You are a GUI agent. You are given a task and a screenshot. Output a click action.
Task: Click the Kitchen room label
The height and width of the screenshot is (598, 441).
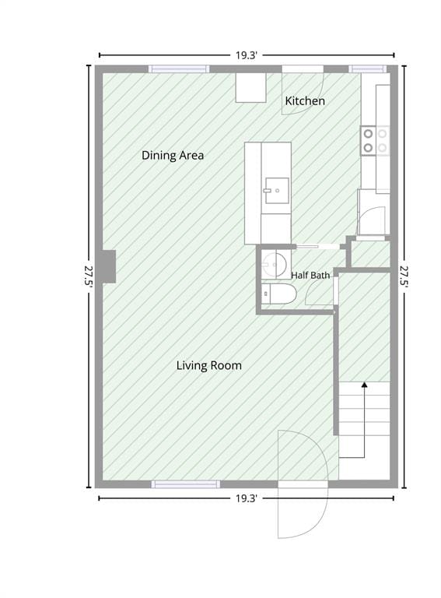(305, 101)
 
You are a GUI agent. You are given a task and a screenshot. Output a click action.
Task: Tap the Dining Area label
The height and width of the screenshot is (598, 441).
(173, 155)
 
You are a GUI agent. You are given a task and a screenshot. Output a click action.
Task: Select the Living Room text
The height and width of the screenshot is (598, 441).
(208, 365)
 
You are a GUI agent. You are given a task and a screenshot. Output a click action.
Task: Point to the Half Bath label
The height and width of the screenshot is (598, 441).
(310, 275)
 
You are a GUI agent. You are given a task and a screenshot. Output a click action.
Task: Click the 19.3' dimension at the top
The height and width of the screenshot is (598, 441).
(247, 55)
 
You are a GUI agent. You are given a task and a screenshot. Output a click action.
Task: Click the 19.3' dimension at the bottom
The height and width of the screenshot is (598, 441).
(247, 498)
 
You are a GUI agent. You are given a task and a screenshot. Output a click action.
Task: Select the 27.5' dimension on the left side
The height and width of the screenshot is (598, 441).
(89, 277)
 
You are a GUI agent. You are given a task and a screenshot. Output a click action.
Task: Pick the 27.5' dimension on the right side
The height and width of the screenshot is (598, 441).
(404, 277)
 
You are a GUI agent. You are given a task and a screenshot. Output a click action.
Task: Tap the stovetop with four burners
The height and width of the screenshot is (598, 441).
(375, 141)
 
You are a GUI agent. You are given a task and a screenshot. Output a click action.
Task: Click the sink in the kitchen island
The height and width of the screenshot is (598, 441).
(277, 190)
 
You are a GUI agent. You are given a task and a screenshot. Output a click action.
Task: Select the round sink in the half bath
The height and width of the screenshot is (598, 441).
(275, 264)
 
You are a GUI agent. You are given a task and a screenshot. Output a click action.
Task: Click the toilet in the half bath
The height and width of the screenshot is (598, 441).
(279, 294)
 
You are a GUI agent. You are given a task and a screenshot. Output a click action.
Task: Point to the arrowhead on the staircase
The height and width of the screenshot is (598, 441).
(365, 385)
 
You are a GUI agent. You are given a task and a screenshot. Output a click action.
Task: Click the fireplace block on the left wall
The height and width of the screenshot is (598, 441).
(109, 266)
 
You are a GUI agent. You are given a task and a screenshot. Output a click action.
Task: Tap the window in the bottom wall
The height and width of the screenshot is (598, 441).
(185, 484)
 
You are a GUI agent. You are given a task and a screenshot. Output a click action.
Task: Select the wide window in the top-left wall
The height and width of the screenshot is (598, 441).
(179, 69)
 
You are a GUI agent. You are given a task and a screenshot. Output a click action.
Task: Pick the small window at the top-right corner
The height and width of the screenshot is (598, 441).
(367, 69)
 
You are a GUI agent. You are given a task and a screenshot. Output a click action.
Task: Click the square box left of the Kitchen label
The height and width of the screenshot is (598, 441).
(250, 88)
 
